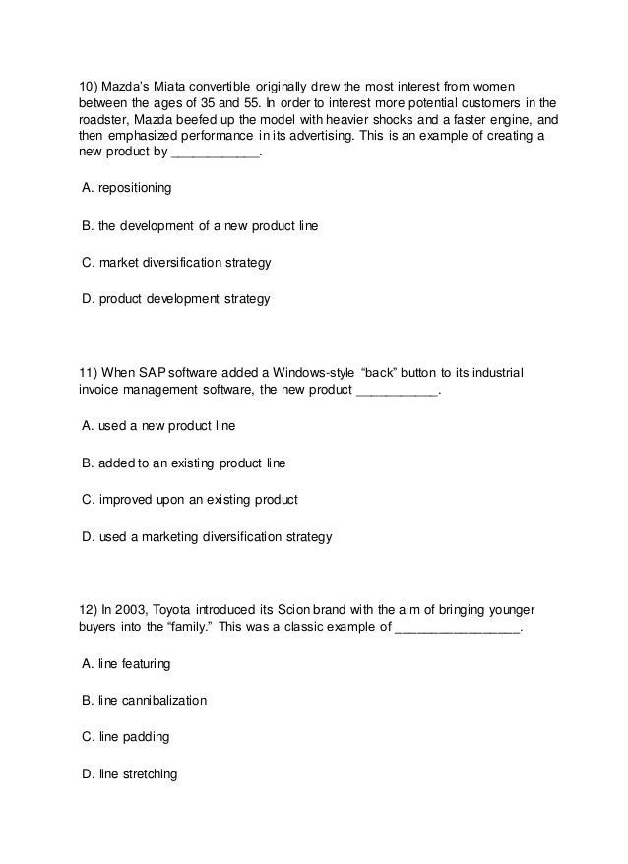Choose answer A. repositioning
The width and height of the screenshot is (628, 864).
[127, 187]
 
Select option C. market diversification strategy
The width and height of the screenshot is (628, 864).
[176, 263]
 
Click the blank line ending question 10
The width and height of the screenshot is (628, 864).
[216, 155]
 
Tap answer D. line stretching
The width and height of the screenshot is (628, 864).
[130, 773]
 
